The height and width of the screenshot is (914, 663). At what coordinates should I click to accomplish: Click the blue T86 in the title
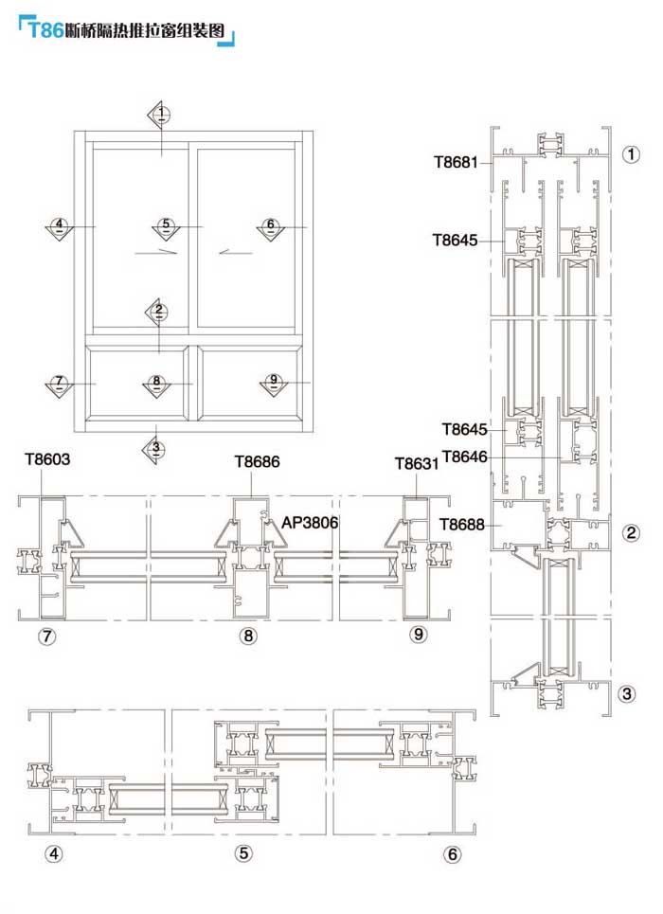point(45,30)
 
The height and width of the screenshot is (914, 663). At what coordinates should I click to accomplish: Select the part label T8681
point(456,162)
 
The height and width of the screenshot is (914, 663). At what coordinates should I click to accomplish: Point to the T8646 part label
point(463,457)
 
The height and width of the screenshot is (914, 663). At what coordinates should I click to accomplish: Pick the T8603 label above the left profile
point(47,460)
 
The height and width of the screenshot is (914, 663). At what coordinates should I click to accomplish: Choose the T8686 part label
point(259,462)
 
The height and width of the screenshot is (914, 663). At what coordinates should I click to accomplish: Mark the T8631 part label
point(418,463)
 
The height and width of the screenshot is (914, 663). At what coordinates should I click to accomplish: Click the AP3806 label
point(310,522)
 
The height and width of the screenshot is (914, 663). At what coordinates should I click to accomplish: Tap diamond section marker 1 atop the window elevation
point(162,115)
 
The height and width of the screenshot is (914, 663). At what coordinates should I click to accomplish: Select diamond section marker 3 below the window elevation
point(157,447)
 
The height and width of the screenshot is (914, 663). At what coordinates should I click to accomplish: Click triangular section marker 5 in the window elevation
point(166,226)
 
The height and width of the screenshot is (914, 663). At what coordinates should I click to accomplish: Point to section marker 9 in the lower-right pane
point(273,382)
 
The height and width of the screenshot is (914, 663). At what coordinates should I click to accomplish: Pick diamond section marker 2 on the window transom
point(159,310)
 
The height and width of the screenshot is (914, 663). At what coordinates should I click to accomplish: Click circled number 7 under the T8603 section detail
point(44,636)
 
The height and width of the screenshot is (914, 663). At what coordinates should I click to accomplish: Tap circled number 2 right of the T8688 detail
point(631,532)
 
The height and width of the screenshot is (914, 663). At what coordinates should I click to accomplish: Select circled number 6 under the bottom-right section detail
point(452,854)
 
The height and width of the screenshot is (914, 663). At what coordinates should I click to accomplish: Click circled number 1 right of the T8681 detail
point(632,154)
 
